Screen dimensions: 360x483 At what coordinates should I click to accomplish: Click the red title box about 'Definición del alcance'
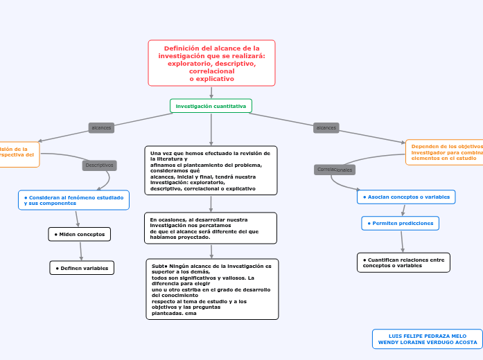[x=211, y=63]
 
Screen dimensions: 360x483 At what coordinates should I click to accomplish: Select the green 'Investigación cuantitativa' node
[x=211, y=106]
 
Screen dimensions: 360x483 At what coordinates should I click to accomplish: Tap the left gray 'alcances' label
[x=101, y=127]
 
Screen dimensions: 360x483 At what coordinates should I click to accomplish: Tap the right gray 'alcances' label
[x=326, y=127]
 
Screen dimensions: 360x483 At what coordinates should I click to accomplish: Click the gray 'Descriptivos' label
[x=99, y=165]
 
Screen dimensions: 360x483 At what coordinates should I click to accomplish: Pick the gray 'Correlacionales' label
[x=335, y=170]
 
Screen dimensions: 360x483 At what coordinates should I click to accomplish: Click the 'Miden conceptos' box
[x=79, y=234]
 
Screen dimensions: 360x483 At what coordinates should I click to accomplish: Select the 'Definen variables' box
[x=82, y=268]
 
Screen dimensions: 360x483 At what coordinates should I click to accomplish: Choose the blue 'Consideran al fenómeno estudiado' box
[x=73, y=200]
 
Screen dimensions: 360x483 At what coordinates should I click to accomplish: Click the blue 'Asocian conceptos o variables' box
[x=406, y=197]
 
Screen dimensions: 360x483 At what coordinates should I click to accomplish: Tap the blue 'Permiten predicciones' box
[x=400, y=224]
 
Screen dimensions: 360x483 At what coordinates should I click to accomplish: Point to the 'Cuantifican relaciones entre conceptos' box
[x=403, y=262]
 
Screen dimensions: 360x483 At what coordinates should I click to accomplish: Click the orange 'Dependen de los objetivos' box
[x=444, y=152]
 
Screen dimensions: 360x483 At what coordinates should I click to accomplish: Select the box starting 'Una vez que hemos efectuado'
[x=211, y=170]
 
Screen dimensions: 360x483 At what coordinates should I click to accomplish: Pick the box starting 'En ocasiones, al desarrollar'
[x=211, y=228]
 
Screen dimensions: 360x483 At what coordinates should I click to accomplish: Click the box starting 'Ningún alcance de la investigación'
[x=212, y=289]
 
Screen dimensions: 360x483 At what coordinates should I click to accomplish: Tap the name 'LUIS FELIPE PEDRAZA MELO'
[x=428, y=336]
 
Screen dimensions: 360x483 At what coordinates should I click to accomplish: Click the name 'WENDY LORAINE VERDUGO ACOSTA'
[x=428, y=343]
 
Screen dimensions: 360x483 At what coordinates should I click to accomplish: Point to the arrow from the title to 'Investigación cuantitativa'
[x=211, y=92]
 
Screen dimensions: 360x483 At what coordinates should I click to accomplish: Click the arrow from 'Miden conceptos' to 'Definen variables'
[x=80, y=251]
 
